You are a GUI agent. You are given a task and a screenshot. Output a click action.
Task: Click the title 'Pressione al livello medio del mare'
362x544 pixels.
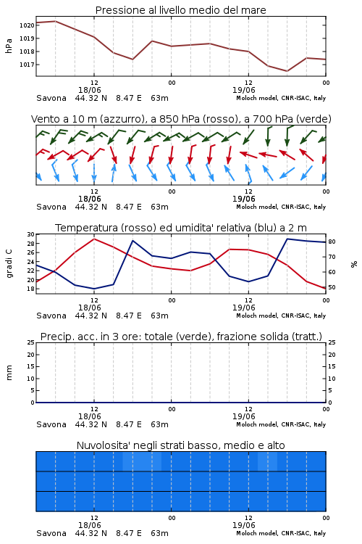tap(180, 10)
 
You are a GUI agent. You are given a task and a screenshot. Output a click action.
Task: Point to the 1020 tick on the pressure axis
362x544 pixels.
tap(27, 25)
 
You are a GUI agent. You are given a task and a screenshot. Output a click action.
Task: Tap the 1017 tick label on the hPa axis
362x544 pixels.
tap(27, 65)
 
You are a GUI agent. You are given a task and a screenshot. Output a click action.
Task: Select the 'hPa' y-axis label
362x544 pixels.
tap(9, 46)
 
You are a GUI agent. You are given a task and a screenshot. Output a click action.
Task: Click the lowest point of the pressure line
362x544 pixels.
tap(287, 71)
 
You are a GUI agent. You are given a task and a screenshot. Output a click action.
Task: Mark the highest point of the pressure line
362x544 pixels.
tap(56, 21)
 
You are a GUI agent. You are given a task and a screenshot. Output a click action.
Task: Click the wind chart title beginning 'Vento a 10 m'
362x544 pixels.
tap(181, 119)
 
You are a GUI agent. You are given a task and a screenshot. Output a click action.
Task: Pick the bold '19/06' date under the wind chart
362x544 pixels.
tap(243, 199)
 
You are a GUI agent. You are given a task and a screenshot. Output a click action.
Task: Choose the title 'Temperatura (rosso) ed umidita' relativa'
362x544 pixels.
tap(181, 228)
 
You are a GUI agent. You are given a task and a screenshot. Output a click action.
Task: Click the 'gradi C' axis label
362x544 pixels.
tap(9, 263)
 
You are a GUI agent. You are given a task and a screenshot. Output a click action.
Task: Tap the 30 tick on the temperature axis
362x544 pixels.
tap(31, 234)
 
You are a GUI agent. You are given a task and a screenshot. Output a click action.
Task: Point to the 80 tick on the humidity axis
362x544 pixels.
tap(332, 242)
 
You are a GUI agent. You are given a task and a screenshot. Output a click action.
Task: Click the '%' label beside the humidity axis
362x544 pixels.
tap(354, 264)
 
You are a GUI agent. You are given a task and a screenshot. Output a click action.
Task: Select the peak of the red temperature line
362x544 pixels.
tap(94, 239)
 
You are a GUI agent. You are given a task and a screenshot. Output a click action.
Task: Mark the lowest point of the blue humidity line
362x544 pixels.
tap(94, 289)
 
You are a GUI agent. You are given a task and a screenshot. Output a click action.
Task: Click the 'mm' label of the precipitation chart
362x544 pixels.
tap(9, 373)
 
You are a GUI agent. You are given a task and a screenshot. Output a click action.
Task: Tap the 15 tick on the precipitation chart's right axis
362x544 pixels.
tap(332, 367)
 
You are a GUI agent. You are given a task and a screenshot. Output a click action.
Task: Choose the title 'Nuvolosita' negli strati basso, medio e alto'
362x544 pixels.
tap(180, 445)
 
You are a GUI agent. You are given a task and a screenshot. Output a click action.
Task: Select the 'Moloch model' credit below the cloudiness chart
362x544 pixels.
tap(257, 533)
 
